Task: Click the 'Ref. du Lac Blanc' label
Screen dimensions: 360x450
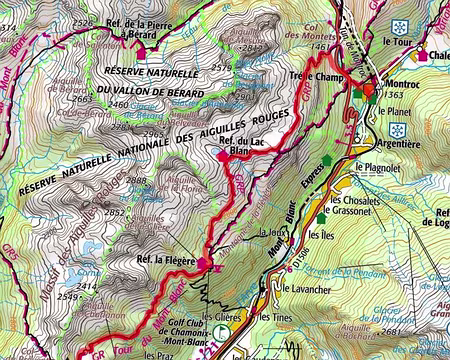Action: pos(243,149)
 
